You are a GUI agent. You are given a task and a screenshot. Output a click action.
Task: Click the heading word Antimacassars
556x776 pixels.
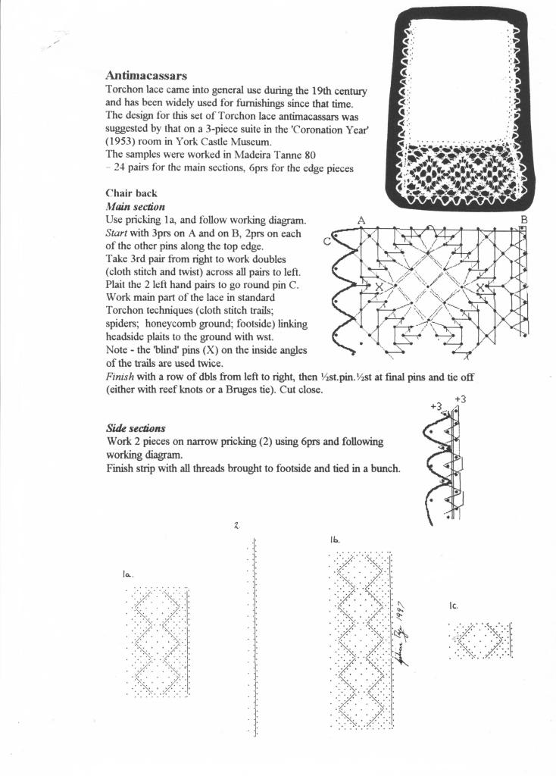(x=146, y=76)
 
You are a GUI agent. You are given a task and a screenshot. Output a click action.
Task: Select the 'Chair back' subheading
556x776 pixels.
(x=131, y=193)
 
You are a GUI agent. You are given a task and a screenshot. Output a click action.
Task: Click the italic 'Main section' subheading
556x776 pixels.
(x=135, y=206)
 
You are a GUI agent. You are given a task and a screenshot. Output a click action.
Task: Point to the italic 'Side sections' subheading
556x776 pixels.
(x=136, y=428)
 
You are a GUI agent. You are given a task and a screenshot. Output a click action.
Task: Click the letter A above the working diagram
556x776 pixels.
(x=361, y=220)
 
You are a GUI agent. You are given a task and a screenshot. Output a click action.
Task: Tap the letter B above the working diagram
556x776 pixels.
(x=523, y=220)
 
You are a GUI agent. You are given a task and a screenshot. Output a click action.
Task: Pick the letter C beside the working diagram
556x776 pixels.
(x=326, y=242)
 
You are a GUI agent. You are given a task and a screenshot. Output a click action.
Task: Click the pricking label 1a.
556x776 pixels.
(x=127, y=574)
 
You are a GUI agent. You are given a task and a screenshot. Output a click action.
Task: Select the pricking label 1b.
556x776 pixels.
(x=335, y=540)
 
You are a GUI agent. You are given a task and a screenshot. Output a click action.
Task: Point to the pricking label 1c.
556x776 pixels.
(x=453, y=605)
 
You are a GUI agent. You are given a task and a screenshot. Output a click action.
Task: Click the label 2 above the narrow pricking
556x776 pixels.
(x=237, y=524)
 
